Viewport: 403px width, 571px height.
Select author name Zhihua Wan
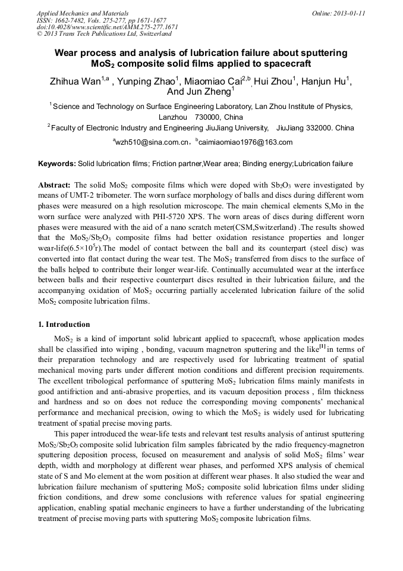[74, 82]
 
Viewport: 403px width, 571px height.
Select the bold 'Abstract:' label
[55, 185]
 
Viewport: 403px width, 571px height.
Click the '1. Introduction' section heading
[64, 324]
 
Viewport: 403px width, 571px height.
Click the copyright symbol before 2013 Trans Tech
[40, 34]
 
